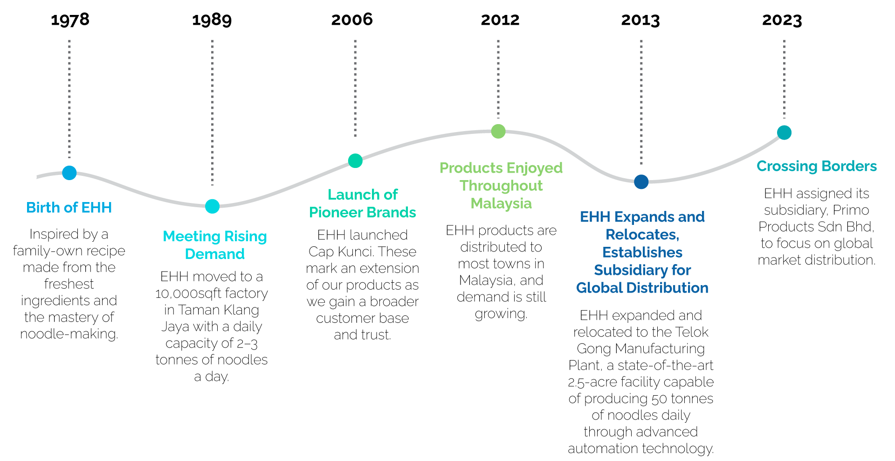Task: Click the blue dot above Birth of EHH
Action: click(69, 173)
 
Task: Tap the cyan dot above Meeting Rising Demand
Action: click(212, 206)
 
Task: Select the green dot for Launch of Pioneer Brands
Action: click(355, 161)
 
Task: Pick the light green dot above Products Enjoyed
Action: click(498, 131)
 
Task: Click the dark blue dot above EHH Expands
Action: click(641, 182)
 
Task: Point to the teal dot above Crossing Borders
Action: click(785, 133)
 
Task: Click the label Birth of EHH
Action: click(69, 208)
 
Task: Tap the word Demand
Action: click(215, 254)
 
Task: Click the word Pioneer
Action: click(336, 212)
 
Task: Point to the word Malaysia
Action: click(501, 203)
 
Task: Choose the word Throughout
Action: click(501, 186)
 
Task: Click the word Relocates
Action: click(641, 235)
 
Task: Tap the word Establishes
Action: click(642, 252)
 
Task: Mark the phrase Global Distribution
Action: click(642, 288)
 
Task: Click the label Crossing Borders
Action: click(817, 166)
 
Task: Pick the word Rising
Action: click(246, 237)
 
